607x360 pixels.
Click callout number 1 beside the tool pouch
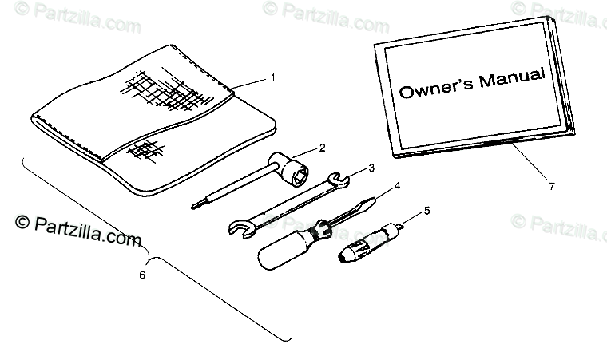click(x=272, y=78)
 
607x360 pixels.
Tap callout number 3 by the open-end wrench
click(x=371, y=168)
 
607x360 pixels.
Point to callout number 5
click(x=426, y=212)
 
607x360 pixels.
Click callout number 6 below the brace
click(x=142, y=275)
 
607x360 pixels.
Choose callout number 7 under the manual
click(x=551, y=186)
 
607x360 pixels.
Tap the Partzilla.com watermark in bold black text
click(x=78, y=231)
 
